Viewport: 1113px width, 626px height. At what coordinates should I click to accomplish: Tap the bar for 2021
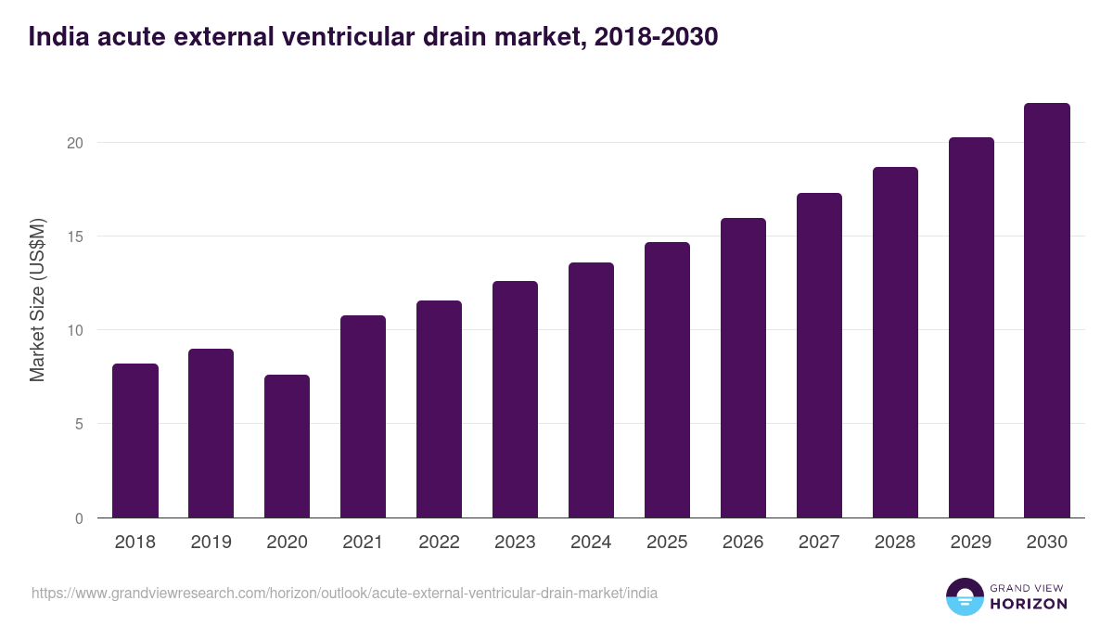point(363,416)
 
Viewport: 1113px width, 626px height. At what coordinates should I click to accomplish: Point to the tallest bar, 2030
point(1047,311)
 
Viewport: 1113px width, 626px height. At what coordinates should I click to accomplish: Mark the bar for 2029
point(971,327)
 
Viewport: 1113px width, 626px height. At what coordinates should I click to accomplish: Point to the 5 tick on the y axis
point(79,424)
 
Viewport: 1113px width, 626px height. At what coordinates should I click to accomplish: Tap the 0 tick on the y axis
point(79,518)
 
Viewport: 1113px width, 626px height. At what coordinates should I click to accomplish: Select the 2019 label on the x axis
point(211,543)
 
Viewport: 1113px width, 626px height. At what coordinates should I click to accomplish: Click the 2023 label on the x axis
point(515,543)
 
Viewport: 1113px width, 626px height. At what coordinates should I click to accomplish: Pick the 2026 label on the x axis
point(743,543)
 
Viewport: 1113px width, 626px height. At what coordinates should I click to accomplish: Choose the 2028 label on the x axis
point(895,543)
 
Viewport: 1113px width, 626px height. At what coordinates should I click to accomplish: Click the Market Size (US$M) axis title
point(37,300)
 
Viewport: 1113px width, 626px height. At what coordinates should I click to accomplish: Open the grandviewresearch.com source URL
point(344,593)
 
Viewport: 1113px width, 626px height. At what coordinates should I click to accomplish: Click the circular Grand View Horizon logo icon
point(964,596)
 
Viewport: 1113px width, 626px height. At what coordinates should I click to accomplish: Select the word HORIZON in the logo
point(1030,604)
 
